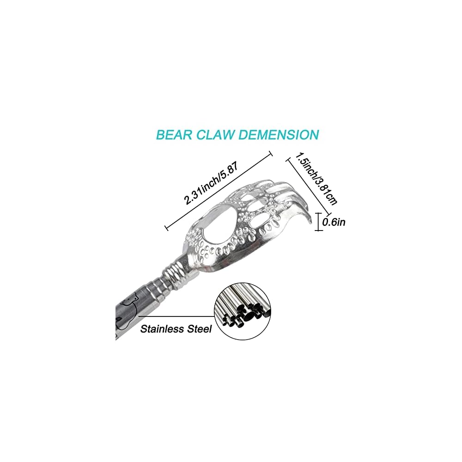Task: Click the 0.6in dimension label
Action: pos(334,222)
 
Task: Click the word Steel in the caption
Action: pos(200,329)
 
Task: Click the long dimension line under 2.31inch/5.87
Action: pos(218,191)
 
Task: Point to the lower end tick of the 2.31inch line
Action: pos(166,228)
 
